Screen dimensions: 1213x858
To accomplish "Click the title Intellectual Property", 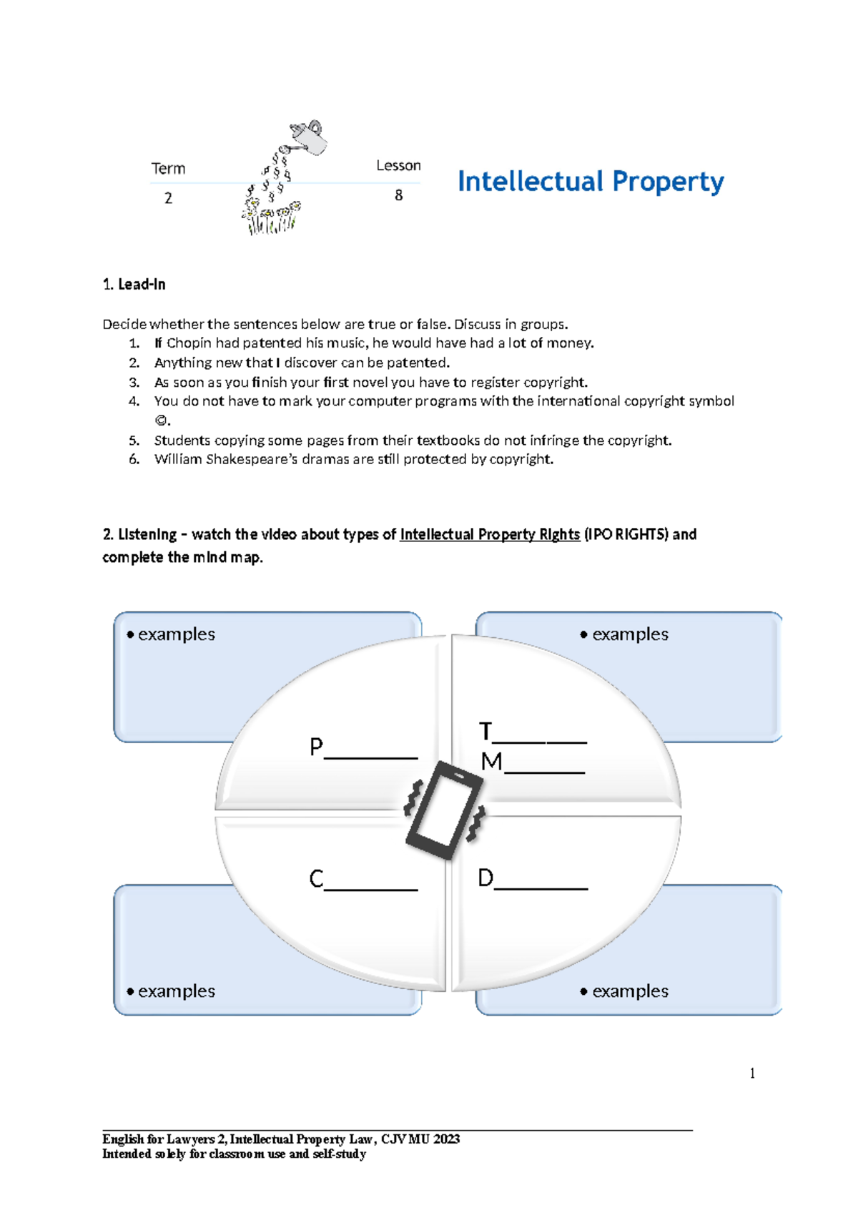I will (x=590, y=182).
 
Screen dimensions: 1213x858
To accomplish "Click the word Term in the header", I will (x=168, y=169).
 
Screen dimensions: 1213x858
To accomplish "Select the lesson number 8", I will (x=398, y=195).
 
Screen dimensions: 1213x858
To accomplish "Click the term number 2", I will (x=168, y=198).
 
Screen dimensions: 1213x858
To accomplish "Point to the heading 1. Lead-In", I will (x=134, y=285).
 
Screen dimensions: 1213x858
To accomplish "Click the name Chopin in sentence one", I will (x=189, y=343).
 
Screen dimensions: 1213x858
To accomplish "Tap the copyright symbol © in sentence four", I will (x=161, y=421).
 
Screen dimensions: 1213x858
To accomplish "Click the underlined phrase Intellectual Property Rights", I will (x=489, y=534).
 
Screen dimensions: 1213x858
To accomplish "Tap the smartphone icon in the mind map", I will (x=444, y=810).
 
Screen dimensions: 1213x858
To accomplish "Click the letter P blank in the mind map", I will (x=363, y=748).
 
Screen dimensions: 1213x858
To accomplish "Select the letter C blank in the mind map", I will (x=363, y=880).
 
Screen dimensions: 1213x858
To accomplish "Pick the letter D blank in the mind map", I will (x=532, y=879).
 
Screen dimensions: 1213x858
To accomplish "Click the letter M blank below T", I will (x=533, y=762).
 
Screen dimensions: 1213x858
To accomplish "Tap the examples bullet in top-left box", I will (x=171, y=634).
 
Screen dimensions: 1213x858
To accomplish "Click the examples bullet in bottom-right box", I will (x=624, y=991).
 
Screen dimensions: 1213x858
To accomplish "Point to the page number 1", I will (x=752, y=1073).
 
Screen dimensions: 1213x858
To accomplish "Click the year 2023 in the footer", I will (x=446, y=1139).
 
